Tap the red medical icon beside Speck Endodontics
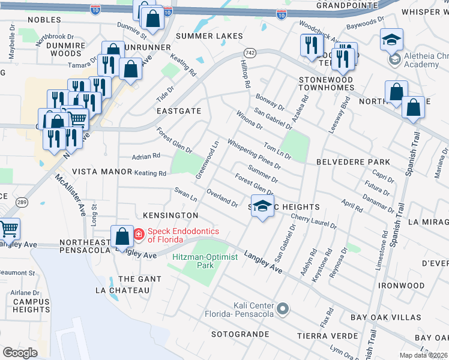click(x=139, y=234)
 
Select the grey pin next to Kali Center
click(x=283, y=310)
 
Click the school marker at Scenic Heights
click(x=262, y=206)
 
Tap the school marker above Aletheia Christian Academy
click(x=391, y=40)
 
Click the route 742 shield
click(x=251, y=53)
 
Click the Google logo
click(x=20, y=353)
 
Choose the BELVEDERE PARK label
click(x=353, y=162)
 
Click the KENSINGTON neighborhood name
click(x=171, y=215)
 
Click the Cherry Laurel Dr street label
click(x=313, y=221)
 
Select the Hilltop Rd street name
click(x=244, y=74)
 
